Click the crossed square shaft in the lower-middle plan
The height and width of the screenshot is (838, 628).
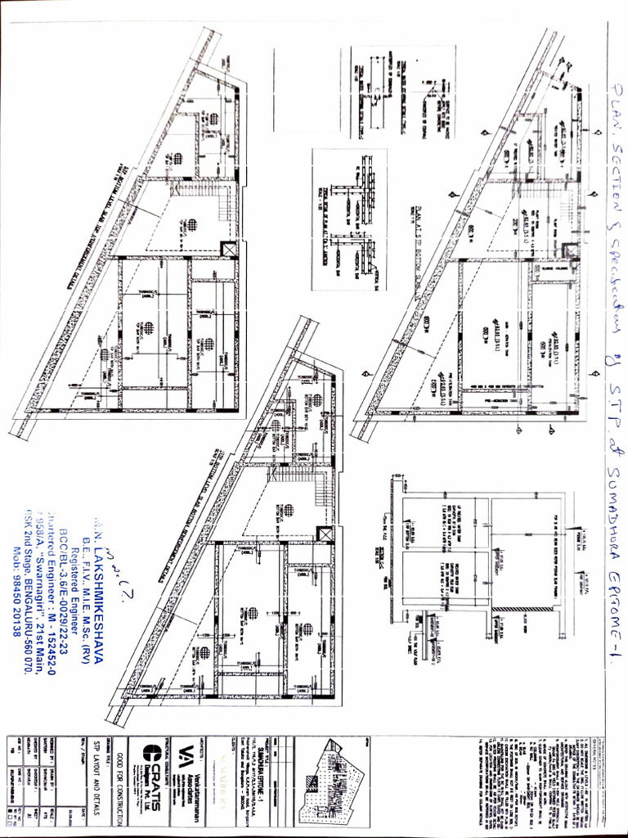tap(326, 534)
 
